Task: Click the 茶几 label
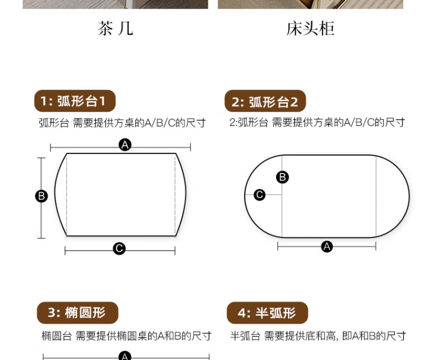115,28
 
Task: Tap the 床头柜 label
310,28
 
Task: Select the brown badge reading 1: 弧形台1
75,101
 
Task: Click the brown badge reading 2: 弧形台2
265,101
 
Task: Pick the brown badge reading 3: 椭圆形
77,313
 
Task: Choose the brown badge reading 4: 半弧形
268,313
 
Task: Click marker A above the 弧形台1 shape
125,145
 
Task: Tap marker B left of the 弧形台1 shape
41,196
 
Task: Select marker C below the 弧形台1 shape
119,249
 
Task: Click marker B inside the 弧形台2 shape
282,177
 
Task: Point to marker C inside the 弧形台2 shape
260,195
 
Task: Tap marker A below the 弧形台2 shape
327,246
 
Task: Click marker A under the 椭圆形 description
125,355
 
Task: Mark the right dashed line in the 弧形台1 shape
176,195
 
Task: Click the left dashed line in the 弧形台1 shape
67,195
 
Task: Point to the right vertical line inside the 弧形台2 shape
376,196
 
